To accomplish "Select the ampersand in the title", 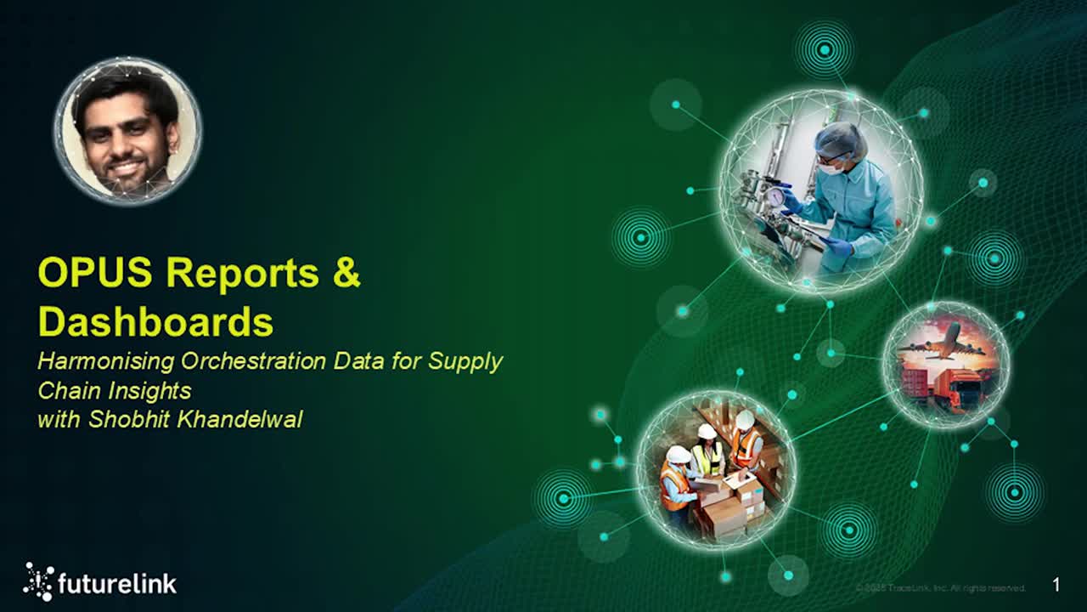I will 346,274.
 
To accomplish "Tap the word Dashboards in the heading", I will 155,322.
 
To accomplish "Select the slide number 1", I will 1056,585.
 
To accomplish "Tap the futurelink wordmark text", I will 117,584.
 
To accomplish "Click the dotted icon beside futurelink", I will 38,581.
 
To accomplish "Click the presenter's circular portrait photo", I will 127,130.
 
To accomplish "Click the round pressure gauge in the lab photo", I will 775,196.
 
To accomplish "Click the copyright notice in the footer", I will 940,588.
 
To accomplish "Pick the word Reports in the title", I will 243,274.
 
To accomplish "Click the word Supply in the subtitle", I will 465,361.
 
